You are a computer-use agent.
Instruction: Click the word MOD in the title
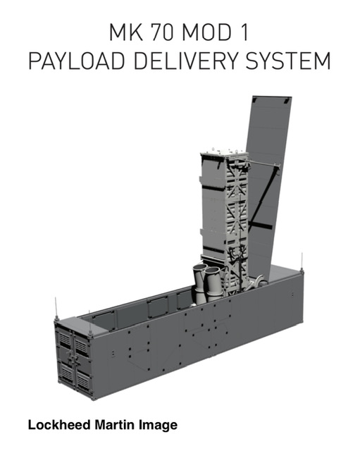point(206,32)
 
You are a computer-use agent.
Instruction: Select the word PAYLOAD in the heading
point(77,61)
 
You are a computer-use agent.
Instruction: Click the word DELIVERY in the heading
point(186,61)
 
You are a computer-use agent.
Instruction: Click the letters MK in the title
point(126,32)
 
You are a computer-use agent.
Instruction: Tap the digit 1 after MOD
point(244,32)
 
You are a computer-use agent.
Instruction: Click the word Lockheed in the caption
point(59,425)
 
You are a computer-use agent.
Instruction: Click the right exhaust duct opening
point(212,271)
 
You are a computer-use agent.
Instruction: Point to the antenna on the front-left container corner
point(56,309)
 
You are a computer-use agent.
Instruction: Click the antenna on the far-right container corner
point(302,261)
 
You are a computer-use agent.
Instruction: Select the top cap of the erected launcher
point(224,153)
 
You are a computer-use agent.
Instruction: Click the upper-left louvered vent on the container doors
point(65,339)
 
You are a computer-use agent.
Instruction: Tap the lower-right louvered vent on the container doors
point(83,382)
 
